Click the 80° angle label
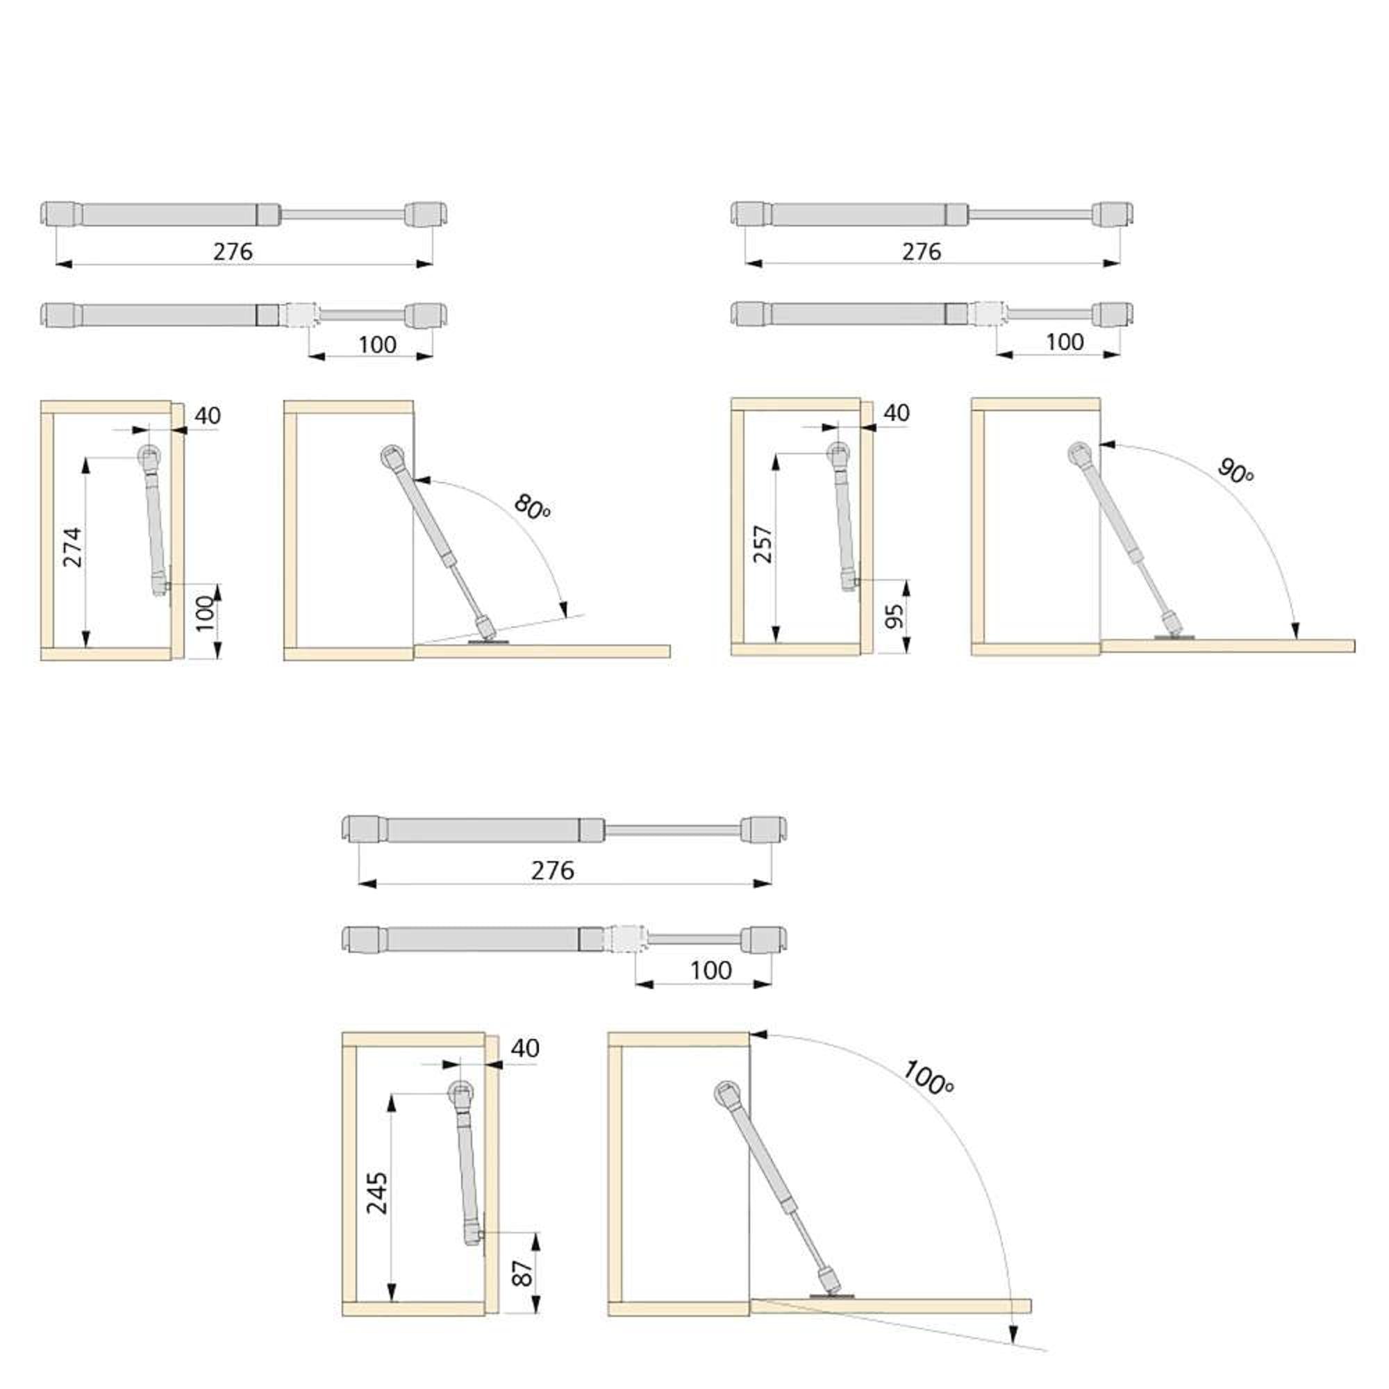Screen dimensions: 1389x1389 coord(533,508)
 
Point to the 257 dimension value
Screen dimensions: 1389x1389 coord(762,544)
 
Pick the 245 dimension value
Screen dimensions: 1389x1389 coord(377,1193)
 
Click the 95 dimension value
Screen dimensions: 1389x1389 coord(894,616)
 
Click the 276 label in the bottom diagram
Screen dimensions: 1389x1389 coord(553,871)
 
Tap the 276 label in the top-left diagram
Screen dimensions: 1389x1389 coord(233,251)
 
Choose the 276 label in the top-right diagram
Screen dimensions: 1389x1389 coord(922,251)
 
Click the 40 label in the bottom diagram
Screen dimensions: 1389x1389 coord(526,1048)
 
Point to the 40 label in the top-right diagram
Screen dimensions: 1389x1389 coord(897,413)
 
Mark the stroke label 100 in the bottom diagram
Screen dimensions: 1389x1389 coord(711,971)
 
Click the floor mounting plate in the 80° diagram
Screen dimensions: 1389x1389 coord(489,642)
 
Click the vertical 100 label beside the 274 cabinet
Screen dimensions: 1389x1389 coord(206,613)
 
